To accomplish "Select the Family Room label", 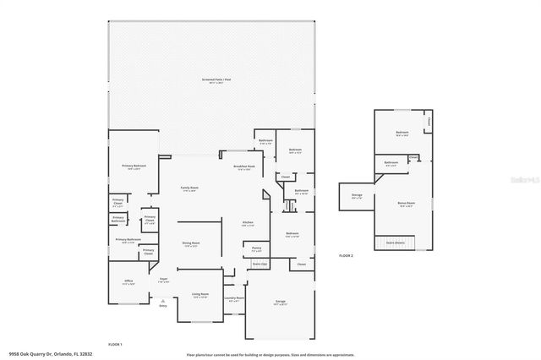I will (189, 187).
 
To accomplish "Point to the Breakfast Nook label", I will (245, 166).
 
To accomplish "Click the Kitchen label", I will (248, 222).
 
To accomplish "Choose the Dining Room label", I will (191, 243).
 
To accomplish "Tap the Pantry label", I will (257, 248).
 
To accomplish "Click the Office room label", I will (128, 282).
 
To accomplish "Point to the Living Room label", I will (200, 295).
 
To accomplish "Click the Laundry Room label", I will (234, 298).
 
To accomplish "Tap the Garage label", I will (280, 301).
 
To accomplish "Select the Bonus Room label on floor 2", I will (405, 203).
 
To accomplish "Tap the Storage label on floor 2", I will (357, 195).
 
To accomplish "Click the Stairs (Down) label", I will (395, 240).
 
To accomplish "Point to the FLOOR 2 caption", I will (347, 254).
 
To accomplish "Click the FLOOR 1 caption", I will (115, 344).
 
